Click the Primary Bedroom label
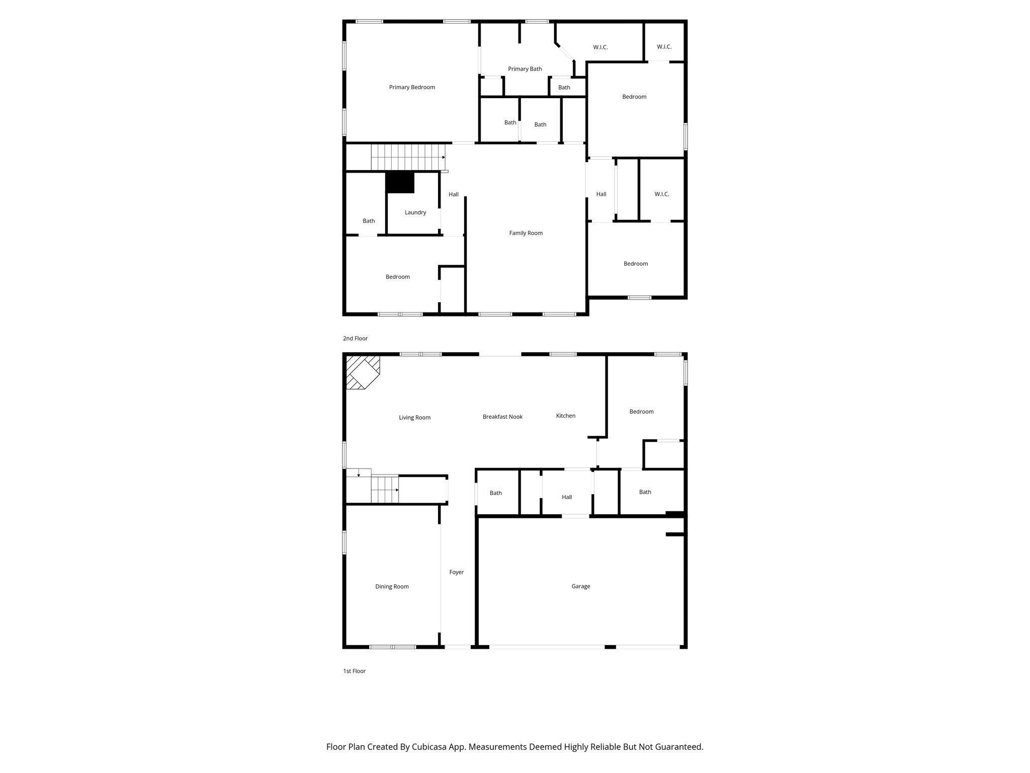411,87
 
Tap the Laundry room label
415,212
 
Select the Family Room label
526,233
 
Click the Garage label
580,586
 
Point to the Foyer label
456,572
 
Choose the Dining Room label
392,586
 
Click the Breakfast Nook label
502,417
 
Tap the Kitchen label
565,416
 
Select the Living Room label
414,417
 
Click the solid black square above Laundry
400,183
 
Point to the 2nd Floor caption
355,339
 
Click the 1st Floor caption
354,671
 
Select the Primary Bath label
525,69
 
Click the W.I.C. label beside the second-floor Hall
662,194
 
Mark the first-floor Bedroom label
641,412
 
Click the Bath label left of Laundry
369,221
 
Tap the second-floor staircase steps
407,157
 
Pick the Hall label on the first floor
567,497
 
